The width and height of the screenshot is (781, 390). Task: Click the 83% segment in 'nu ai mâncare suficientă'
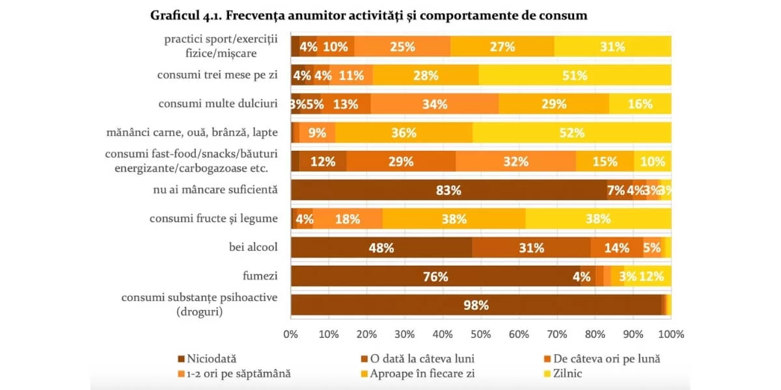(448, 190)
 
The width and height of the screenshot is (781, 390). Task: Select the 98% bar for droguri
(476, 305)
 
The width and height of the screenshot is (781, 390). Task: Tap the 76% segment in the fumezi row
(435, 276)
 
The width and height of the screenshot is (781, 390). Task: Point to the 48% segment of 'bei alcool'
(381, 248)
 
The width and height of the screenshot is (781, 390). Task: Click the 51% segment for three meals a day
(575, 75)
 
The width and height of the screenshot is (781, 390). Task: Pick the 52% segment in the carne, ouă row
(572, 133)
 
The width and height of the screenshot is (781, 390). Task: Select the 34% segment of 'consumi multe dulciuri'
(434, 104)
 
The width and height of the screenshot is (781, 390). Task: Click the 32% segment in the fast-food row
(515, 162)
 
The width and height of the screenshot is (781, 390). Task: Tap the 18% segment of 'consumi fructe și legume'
(348, 219)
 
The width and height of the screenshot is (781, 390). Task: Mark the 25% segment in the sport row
(403, 47)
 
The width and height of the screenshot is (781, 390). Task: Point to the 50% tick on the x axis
(481, 334)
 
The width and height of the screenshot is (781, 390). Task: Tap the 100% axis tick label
(671, 334)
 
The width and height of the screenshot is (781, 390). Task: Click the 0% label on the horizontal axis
(291, 334)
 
